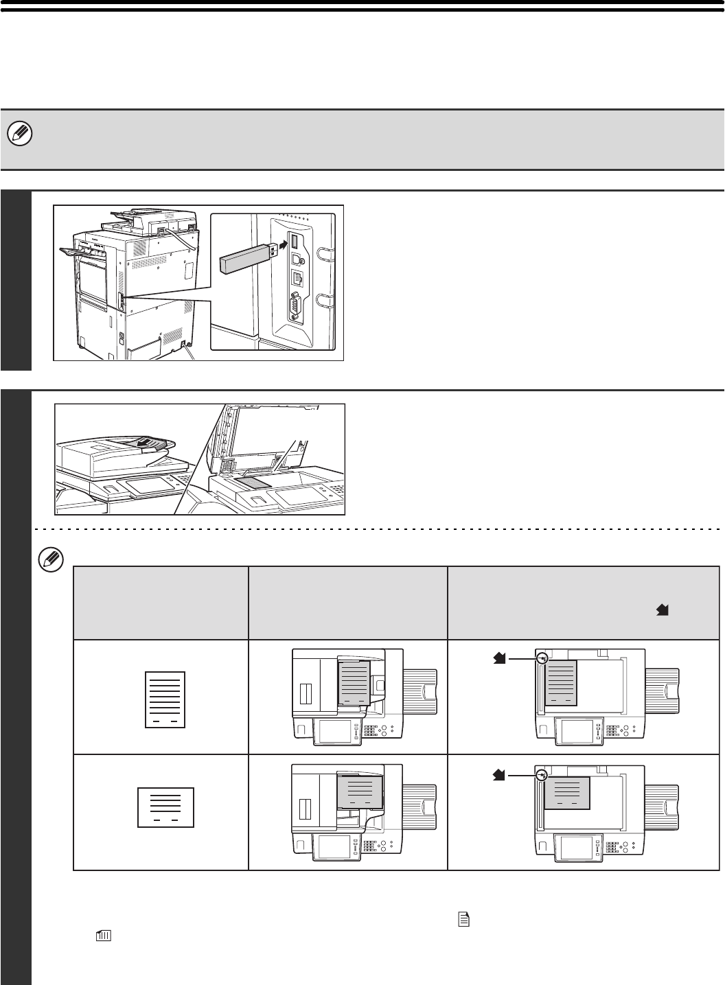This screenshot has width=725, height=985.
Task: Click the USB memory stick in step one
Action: pyautogui.click(x=244, y=259)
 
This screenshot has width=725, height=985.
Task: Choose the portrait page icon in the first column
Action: pyautogui.click(x=166, y=698)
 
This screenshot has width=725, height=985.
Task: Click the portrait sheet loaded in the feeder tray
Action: pyautogui.click(x=355, y=684)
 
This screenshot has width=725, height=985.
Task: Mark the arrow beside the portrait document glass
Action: pyautogui.click(x=499, y=658)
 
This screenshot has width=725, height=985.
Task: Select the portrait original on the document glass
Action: pyautogui.click(x=561, y=683)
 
